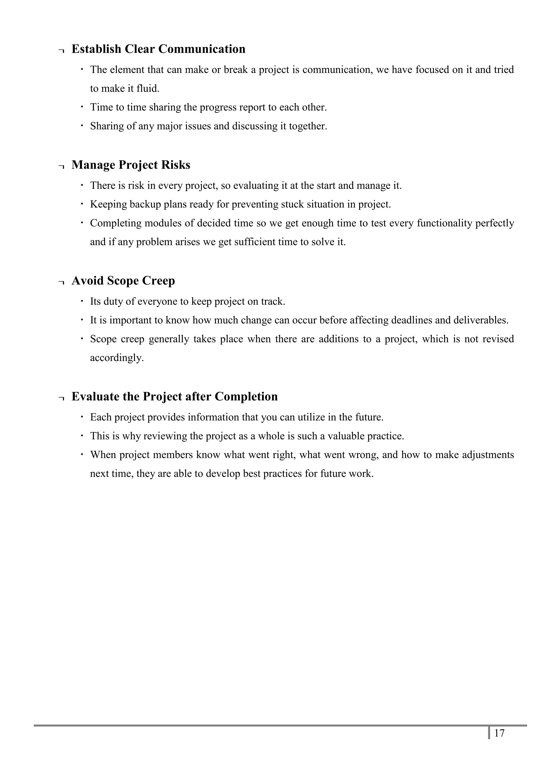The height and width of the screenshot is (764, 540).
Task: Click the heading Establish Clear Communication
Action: (158, 49)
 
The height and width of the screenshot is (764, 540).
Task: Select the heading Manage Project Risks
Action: (131, 165)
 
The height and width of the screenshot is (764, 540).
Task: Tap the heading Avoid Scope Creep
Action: (123, 281)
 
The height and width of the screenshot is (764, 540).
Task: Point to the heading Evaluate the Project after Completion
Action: (174, 396)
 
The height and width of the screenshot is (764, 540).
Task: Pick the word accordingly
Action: (117, 358)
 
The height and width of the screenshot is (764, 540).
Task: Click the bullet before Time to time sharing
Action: (81, 107)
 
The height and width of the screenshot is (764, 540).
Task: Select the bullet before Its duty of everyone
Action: (81, 301)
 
